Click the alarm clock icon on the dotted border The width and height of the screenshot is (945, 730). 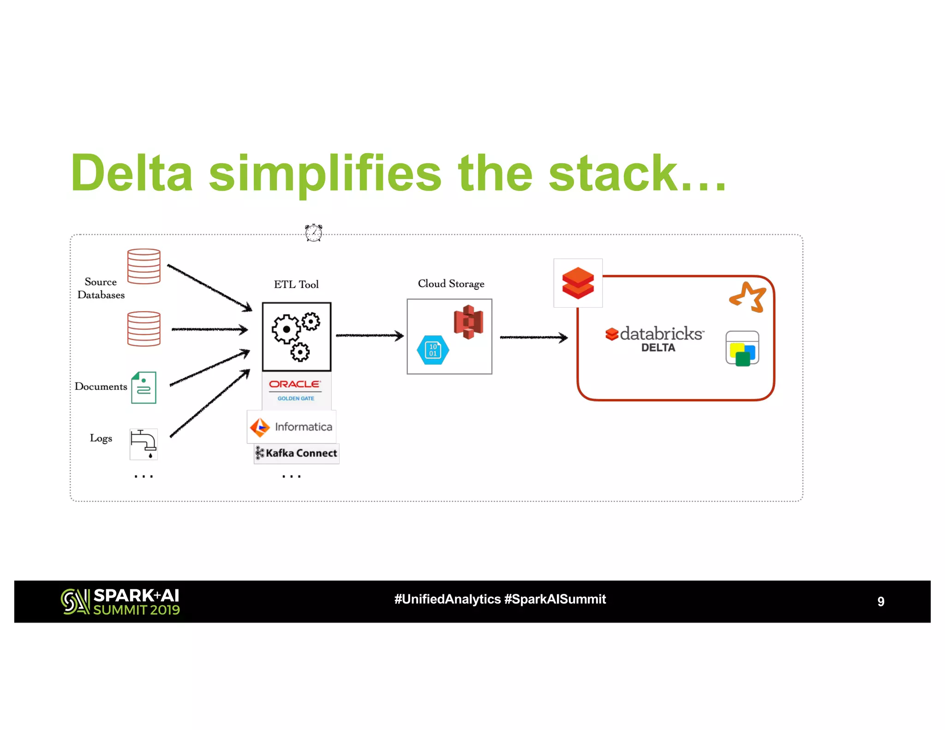click(x=313, y=233)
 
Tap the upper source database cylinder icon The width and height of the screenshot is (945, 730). click(x=144, y=266)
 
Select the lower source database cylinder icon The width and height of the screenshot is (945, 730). click(x=144, y=329)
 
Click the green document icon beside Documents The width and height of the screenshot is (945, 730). click(x=144, y=388)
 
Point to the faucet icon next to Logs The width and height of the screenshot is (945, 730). click(x=144, y=444)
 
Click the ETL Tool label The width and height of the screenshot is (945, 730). click(x=296, y=285)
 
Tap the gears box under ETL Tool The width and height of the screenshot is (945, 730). click(x=296, y=337)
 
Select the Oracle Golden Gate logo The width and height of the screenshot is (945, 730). click(x=296, y=390)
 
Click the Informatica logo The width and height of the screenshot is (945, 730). click(x=292, y=427)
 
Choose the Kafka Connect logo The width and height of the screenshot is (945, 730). click(x=297, y=453)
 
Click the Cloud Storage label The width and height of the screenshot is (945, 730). click(x=451, y=284)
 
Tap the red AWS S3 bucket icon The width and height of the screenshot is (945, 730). click(x=468, y=322)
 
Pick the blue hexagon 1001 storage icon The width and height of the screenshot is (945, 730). click(x=433, y=350)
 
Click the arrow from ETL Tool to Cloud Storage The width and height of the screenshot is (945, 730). click(x=369, y=335)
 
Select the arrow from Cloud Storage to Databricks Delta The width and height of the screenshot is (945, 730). click(x=533, y=337)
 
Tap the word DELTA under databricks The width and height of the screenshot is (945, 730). click(x=658, y=348)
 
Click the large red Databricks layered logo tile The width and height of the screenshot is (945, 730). click(x=578, y=283)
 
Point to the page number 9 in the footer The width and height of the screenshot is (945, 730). click(x=880, y=601)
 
